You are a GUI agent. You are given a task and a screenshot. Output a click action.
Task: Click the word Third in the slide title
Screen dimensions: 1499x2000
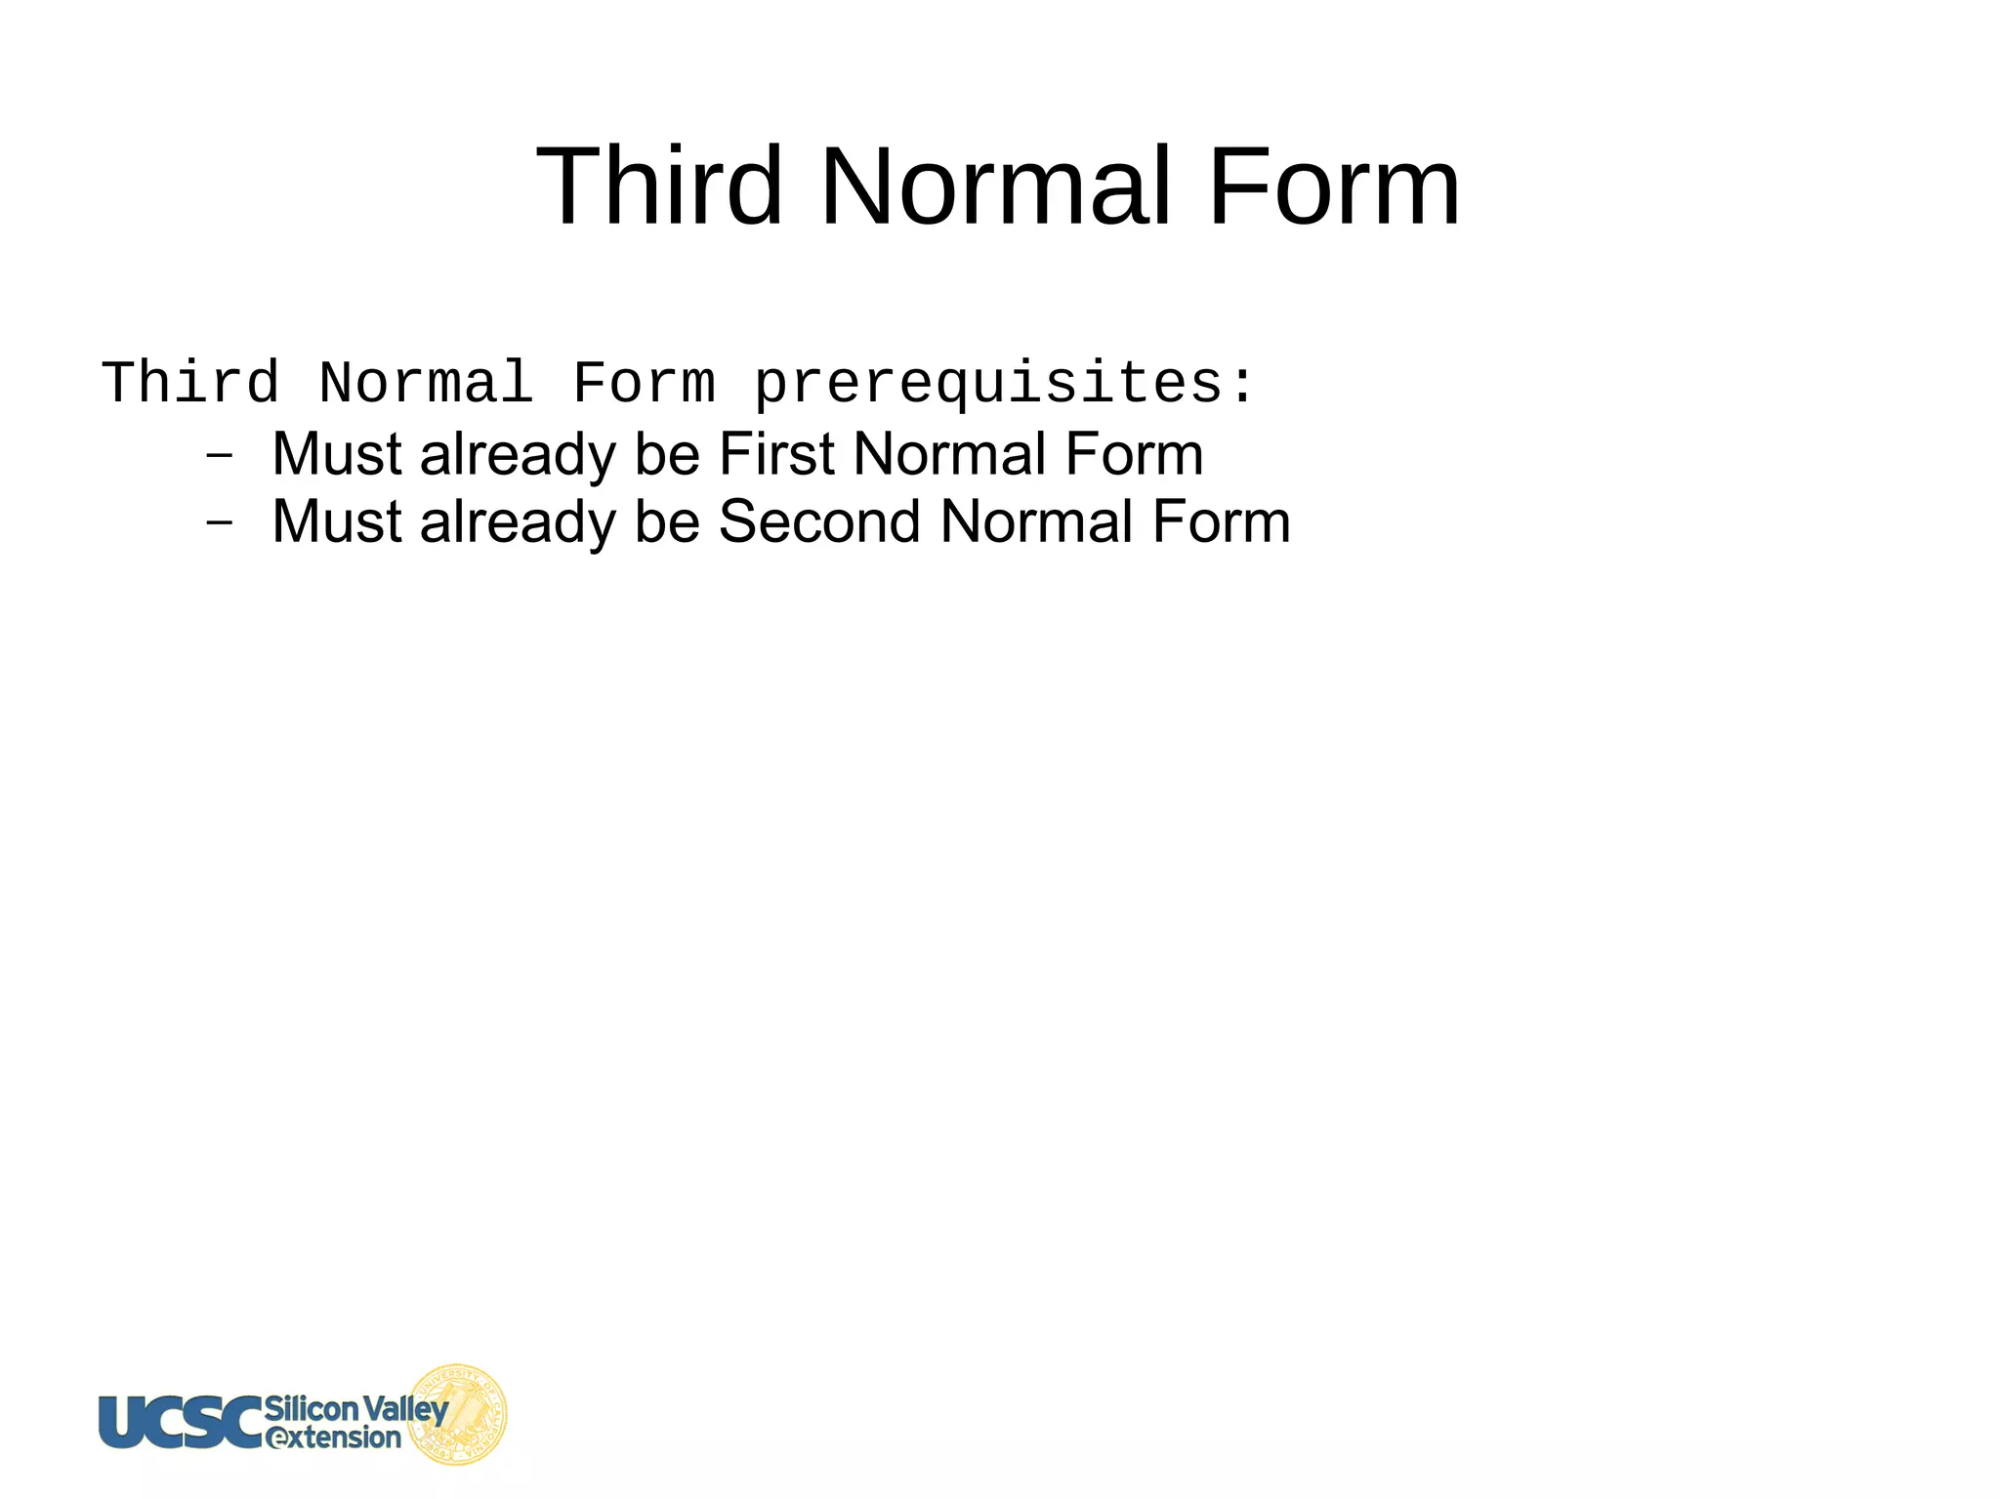point(659,186)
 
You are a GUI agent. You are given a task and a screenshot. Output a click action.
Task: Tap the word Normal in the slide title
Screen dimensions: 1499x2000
point(994,186)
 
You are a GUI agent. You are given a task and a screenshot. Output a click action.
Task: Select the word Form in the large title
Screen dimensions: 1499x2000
point(1334,186)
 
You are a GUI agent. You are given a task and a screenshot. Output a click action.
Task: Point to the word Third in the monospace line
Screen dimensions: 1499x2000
point(190,382)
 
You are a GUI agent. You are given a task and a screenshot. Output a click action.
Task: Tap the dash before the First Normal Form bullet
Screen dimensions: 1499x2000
point(220,455)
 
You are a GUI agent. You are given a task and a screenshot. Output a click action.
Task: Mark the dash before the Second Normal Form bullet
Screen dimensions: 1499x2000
point(220,522)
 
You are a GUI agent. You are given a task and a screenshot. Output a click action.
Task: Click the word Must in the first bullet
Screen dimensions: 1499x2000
point(336,454)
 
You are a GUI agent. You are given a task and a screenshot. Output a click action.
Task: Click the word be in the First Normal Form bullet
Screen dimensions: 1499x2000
point(667,454)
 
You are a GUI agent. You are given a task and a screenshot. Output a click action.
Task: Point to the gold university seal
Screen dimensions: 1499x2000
point(458,1414)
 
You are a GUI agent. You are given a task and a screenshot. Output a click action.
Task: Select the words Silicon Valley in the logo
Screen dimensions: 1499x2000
point(355,1408)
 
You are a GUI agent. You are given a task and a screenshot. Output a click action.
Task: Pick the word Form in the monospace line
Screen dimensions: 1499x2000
point(644,382)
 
